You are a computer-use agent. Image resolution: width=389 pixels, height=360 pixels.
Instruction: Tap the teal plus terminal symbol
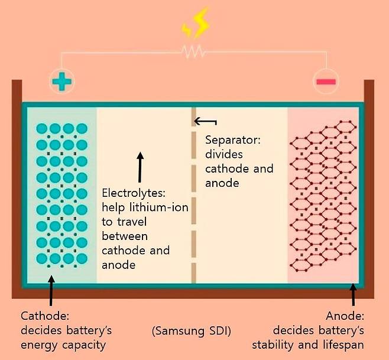tap(60, 80)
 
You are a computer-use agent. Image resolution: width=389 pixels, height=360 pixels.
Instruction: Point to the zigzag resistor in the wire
tap(194, 53)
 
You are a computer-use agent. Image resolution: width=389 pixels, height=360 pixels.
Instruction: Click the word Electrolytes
tap(128, 193)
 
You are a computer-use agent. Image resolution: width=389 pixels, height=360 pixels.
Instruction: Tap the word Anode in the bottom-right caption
tap(348, 315)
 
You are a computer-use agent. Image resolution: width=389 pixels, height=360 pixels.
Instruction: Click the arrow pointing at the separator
tap(205, 122)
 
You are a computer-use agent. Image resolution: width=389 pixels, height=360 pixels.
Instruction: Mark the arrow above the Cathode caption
tap(51, 291)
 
